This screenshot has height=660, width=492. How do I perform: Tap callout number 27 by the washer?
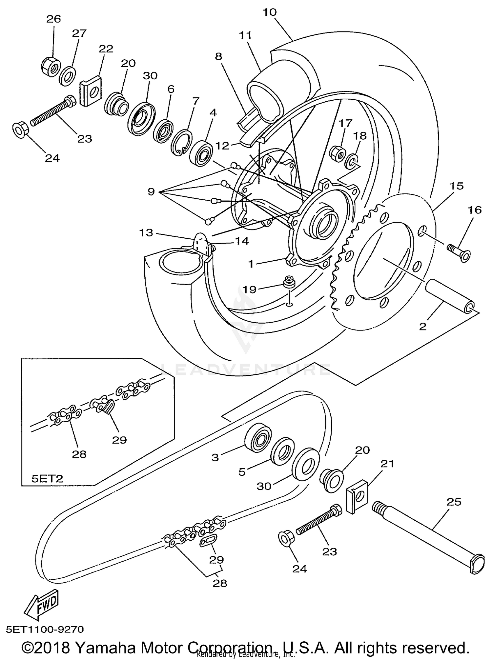(x=79, y=33)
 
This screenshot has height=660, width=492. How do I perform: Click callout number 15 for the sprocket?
(x=457, y=186)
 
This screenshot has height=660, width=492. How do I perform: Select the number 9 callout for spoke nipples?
(x=151, y=191)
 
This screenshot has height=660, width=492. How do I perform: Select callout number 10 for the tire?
(x=270, y=12)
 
